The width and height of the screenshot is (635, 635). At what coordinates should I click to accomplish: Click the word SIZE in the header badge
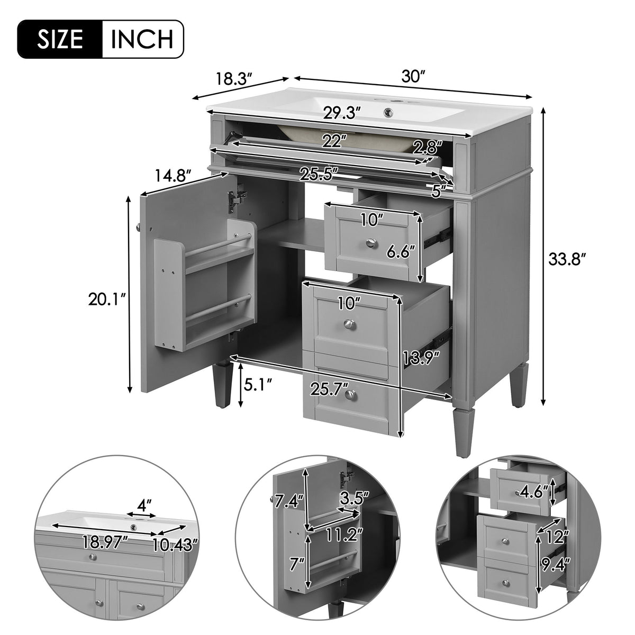[60, 39]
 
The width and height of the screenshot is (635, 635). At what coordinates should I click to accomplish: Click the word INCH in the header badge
[142, 39]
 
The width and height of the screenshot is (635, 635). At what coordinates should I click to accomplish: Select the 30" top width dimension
[414, 77]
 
